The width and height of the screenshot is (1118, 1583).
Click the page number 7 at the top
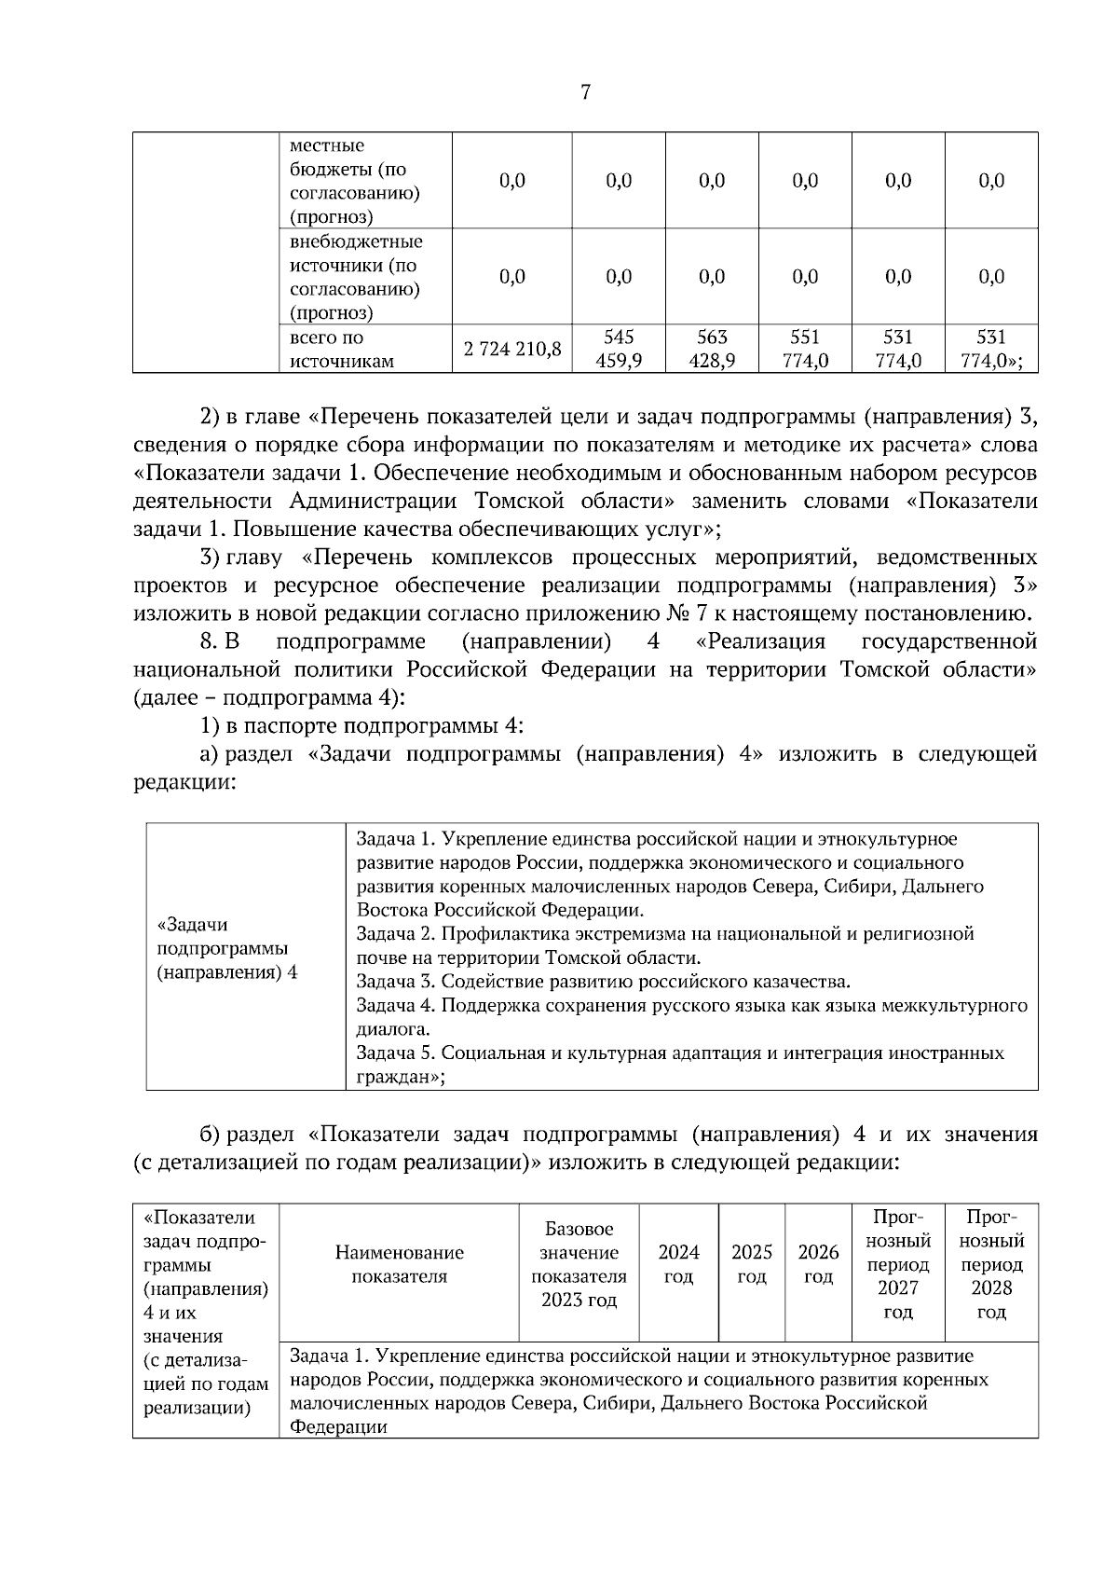point(585,91)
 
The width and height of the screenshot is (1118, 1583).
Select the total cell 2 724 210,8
point(512,349)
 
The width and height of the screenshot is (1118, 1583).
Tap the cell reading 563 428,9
point(712,349)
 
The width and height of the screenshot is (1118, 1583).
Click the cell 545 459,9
point(619,349)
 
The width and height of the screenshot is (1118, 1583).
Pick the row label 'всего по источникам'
point(327,349)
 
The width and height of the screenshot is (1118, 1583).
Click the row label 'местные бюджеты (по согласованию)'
point(354,182)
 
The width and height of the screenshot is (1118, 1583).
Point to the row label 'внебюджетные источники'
point(356,277)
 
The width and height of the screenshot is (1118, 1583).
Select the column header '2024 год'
point(678,1263)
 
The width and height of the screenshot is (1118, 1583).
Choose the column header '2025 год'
point(751,1263)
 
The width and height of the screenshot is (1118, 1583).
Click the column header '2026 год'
point(818,1263)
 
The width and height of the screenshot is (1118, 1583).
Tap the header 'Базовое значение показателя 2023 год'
point(579,1263)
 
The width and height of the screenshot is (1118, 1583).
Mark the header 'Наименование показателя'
point(399,1264)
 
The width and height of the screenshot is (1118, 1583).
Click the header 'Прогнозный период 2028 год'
point(991,1263)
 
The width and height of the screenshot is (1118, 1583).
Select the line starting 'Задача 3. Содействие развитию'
point(603,981)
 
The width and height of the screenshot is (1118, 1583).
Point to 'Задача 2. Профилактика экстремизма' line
point(664,933)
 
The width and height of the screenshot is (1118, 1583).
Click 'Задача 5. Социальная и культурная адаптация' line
point(679,1053)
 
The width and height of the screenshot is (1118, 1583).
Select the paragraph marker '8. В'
point(220,641)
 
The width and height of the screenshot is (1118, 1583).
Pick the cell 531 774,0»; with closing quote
point(991,349)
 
